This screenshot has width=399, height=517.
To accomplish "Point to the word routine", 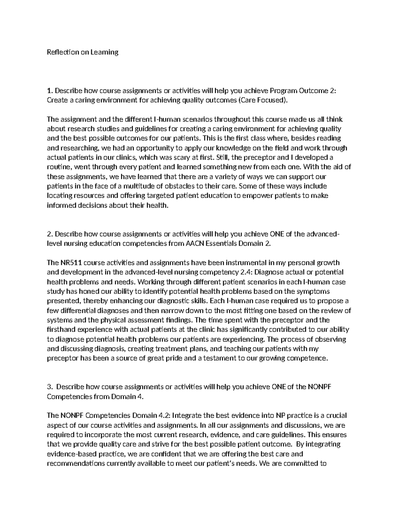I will [x=59, y=167].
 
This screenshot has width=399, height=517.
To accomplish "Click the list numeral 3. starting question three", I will [x=50, y=387].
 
